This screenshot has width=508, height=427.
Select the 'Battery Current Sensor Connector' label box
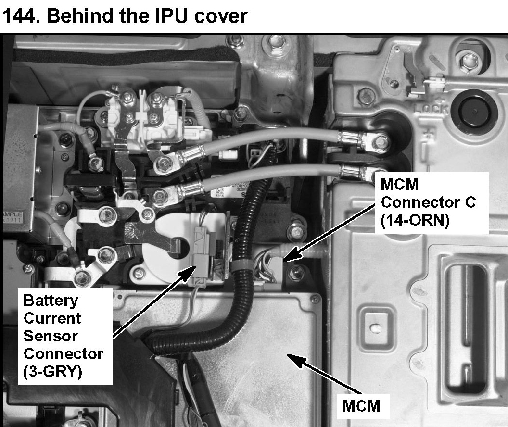63,336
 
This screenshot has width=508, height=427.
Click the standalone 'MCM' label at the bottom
361,405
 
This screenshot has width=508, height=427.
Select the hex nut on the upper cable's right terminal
380,141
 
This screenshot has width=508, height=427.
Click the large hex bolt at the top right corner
465,61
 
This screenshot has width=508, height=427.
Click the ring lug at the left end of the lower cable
162,196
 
